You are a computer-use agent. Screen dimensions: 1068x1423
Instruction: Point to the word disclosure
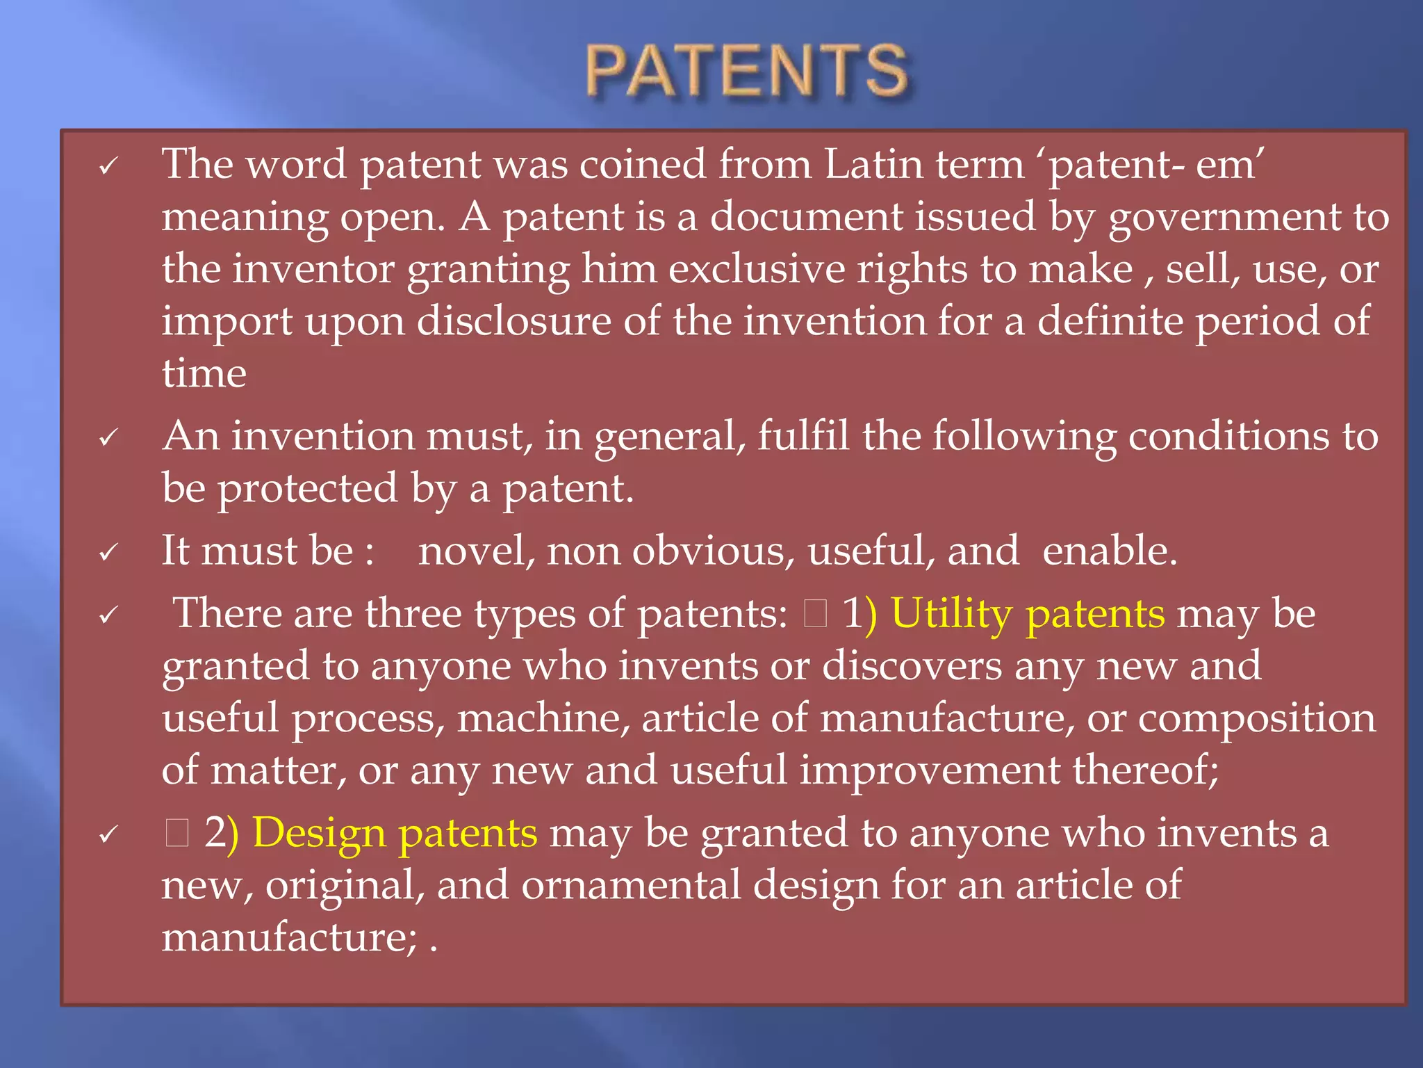point(513,322)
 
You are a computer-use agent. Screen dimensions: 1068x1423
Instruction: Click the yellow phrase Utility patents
point(1028,615)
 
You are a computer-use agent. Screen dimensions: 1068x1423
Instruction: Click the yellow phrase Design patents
point(394,833)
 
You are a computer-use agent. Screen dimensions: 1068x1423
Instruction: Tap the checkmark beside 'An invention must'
point(108,439)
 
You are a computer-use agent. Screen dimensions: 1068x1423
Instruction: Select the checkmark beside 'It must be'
point(108,553)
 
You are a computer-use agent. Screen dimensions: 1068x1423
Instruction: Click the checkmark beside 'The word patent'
point(108,167)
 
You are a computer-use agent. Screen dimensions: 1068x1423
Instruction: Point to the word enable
point(1109,551)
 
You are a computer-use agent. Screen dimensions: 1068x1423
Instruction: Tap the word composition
point(1256,719)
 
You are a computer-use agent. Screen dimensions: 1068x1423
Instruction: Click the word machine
point(543,719)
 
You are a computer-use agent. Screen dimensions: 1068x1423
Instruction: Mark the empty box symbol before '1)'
point(815,615)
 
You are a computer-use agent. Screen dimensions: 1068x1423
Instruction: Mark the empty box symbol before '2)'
point(177,833)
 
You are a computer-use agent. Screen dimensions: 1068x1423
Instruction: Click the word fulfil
point(803,437)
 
